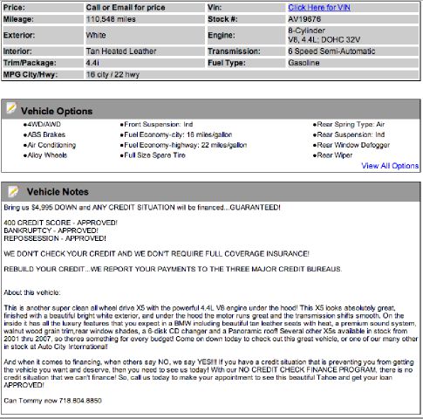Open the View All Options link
[389, 165]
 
